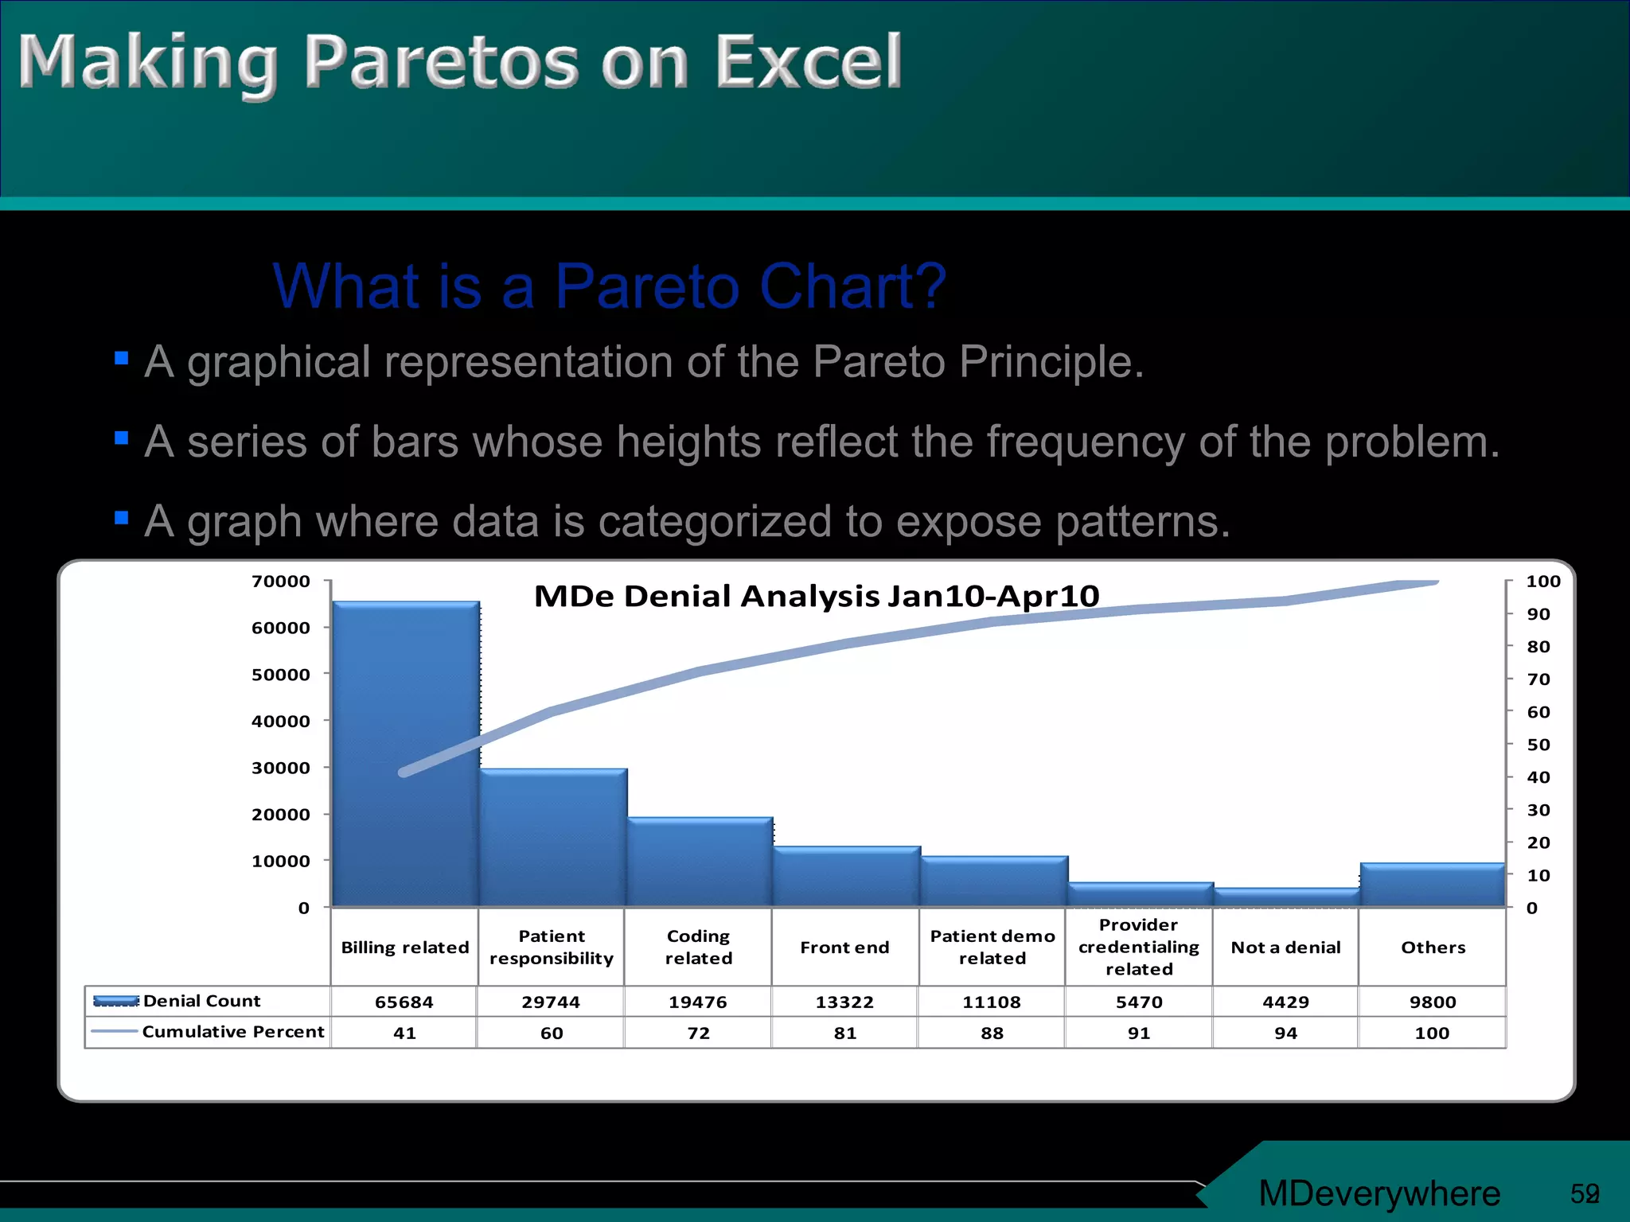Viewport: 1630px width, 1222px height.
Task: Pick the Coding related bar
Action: tap(700, 862)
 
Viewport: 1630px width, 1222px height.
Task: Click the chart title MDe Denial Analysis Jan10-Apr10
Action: tap(817, 596)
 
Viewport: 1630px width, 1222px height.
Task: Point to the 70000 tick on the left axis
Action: tap(281, 582)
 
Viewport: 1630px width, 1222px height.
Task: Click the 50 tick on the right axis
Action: tap(1538, 745)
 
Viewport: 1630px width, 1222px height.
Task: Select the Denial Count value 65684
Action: tap(404, 1002)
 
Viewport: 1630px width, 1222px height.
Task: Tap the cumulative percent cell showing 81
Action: tap(845, 1033)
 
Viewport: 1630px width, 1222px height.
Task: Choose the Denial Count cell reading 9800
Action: tap(1433, 1002)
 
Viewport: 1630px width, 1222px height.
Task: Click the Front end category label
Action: tap(844, 948)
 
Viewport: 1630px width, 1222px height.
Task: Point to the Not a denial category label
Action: tap(1285, 948)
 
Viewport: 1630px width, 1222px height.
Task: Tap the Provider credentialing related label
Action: tap(1138, 947)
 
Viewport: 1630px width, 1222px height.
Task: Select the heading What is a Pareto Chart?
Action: tap(610, 286)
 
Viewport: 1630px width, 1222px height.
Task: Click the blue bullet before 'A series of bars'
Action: tap(122, 438)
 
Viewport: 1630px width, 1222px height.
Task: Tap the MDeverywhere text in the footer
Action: tap(1379, 1193)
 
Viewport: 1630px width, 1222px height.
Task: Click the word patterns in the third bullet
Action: tap(1143, 522)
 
